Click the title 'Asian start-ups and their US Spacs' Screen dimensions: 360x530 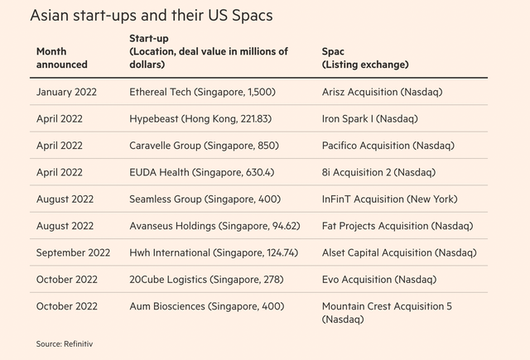pos(151,16)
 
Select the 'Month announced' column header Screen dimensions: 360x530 pos(61,58)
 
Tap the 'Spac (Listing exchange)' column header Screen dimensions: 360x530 pos(364,58)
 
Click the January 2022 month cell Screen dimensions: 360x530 pos(66,92)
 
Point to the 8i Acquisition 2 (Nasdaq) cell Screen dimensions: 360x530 pos(378,172)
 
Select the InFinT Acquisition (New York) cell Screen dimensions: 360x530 pos(389,199)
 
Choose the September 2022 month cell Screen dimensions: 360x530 pos(73,252)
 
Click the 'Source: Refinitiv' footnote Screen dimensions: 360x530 pos(66,343)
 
